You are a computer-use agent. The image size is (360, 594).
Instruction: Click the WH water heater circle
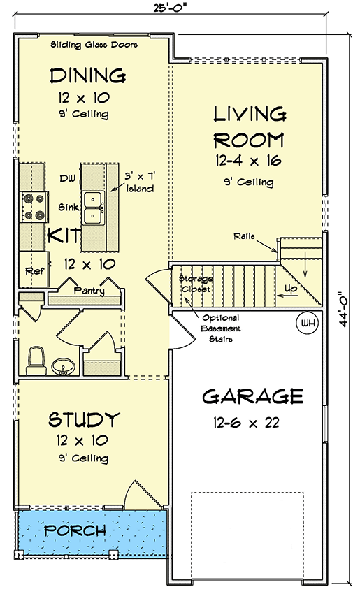click(x=308, y=323)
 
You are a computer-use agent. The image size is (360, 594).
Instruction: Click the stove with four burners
click(x=34, y=207)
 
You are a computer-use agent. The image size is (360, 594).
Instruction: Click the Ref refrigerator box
click(x=34, y=269)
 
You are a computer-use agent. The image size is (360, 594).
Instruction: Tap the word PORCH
click(x=75, y=530)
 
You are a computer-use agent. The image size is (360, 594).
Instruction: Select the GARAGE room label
click(x=253, y=396)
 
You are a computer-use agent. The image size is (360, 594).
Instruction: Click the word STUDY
click(x=84, y=419)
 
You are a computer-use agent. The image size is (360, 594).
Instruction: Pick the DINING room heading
click(x=88, y=75)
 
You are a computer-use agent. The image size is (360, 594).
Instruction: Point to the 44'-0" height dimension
click(x=344, y=309)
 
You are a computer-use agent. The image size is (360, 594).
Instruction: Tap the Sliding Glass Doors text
click(x=94, y=45)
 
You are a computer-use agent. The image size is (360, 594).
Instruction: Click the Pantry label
click(x=89, y=291)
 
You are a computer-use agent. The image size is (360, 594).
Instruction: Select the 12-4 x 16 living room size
click(x=248, y=161)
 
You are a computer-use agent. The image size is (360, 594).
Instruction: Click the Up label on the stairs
click(x=291, y=289)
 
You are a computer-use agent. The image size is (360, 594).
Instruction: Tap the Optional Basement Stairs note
click(x=221, y=328)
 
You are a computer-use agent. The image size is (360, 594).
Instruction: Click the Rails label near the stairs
click(x=244, y=236)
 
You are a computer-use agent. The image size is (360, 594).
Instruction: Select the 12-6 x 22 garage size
click(x=246, y=422)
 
